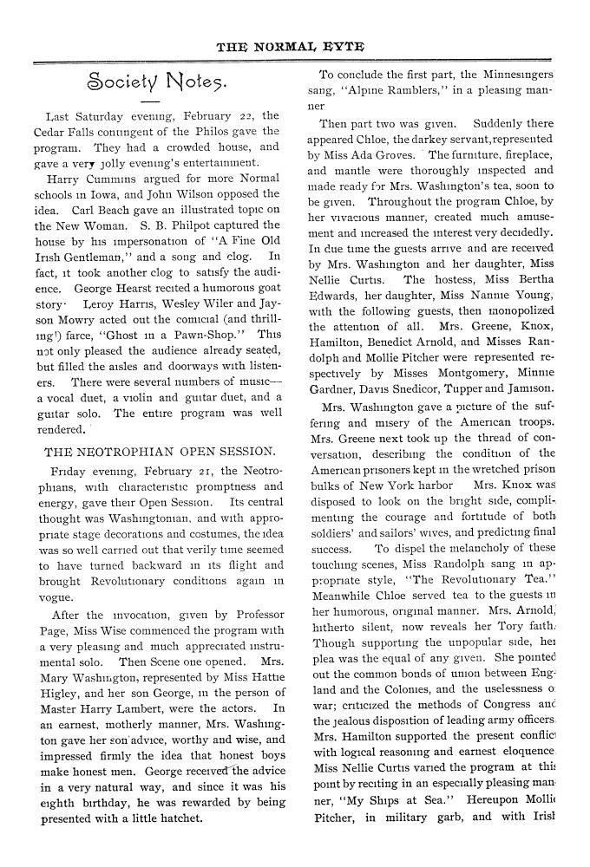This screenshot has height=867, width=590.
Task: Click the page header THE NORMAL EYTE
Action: coord(296,46)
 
